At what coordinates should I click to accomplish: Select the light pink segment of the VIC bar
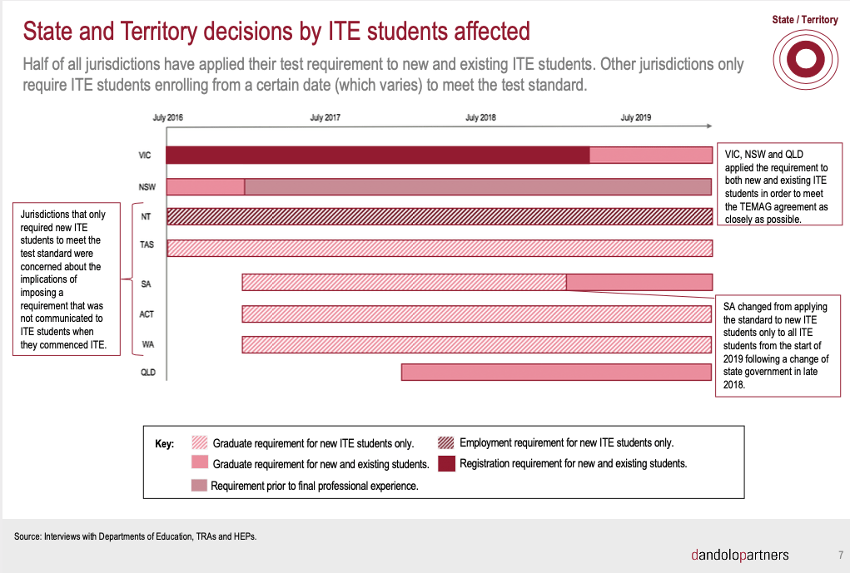pyautogui.click(x=650, y=155)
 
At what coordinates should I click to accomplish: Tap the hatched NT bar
pyautogui.click(x=439, y=216)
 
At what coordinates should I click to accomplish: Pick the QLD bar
pyautogui.click(x=556, y=373)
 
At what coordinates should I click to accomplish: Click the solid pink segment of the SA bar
pyautogui.click(x=639, y=282)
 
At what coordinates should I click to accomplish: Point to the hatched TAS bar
pyautogui.click(x=439, y=248)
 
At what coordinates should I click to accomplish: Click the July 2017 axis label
pyautogui.click(x=325, y=118)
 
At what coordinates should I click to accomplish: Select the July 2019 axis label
pyautogui.click(x=636, y=118)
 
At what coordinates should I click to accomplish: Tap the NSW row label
pyautogui.click(x=146, y=186)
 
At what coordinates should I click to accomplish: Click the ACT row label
pyautogui.click(x=147, y=314)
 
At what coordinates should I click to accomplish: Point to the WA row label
pyautogui.click(x=147, y=343)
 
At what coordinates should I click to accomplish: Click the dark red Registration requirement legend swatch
pyautogui.click(x=446, y=464)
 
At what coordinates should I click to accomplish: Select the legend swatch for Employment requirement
pyautogui.click(x=446, y=443)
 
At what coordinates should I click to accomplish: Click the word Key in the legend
pyautogui.click(x=165, y=444)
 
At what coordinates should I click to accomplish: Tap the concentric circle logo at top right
pyautogui.click(x=803, y=60)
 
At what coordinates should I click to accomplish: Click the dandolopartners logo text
pyautogui.click(x=740, y=555)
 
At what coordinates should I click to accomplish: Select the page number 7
pyautogui.click(x=840, y=555)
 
